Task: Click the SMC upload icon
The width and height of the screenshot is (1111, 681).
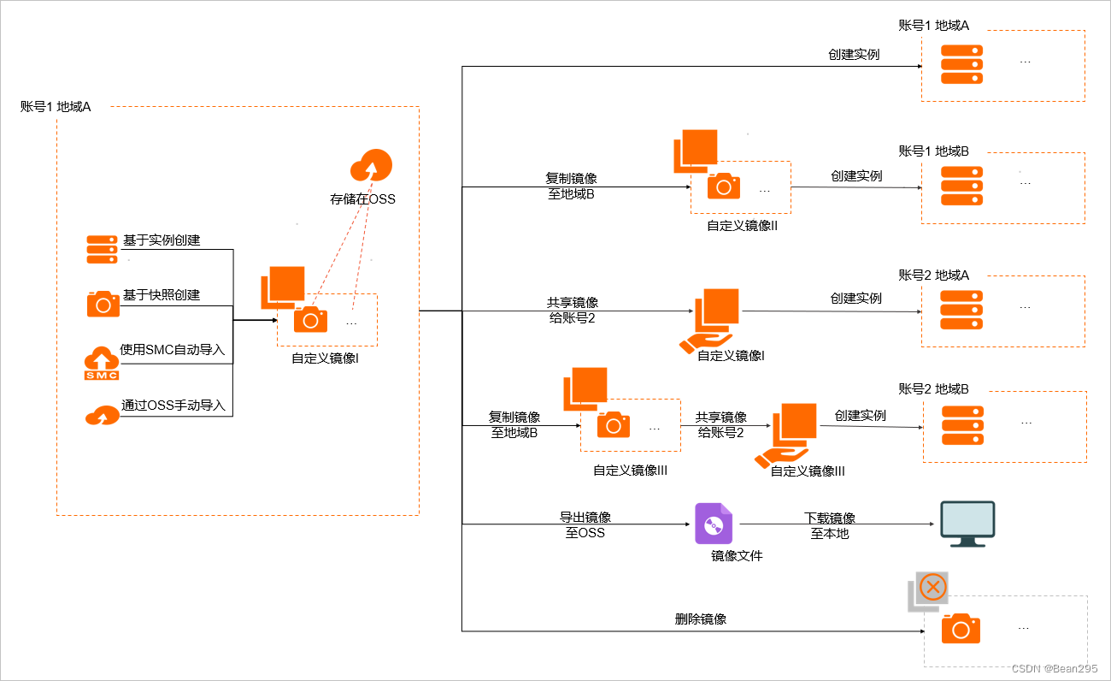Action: pos(102,363)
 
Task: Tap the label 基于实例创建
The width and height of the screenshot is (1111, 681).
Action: pos(162,240)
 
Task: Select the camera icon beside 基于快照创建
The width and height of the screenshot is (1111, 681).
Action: pos(103,304)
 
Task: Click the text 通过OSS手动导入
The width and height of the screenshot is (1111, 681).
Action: pos(173,406)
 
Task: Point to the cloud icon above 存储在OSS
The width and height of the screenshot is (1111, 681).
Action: pos(371,165)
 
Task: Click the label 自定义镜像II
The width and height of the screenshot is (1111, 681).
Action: pos(742,226)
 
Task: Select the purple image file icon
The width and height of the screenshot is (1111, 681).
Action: pos(714,524)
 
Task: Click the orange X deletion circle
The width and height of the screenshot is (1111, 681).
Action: pos(934,587)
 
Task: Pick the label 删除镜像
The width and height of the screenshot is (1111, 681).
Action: pos(701,619)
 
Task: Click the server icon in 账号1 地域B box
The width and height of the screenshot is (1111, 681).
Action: pos(961,186)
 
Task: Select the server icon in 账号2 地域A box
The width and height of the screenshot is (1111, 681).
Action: pos(961,309)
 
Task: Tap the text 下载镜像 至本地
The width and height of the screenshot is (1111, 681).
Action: pos(830,525)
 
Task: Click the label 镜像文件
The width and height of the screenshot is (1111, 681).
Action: pos(737,556)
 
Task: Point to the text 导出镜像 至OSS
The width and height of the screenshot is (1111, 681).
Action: pos(585,525)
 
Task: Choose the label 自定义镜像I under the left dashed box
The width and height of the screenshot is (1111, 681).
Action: pos(325,358)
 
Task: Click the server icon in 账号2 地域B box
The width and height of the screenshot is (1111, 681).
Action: pos(962,425)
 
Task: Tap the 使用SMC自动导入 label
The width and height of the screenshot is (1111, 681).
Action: pos(178,350)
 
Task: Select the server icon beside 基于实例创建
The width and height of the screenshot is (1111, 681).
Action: pos(102,248)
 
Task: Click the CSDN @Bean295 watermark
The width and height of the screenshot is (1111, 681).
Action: pos(1054,668)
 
